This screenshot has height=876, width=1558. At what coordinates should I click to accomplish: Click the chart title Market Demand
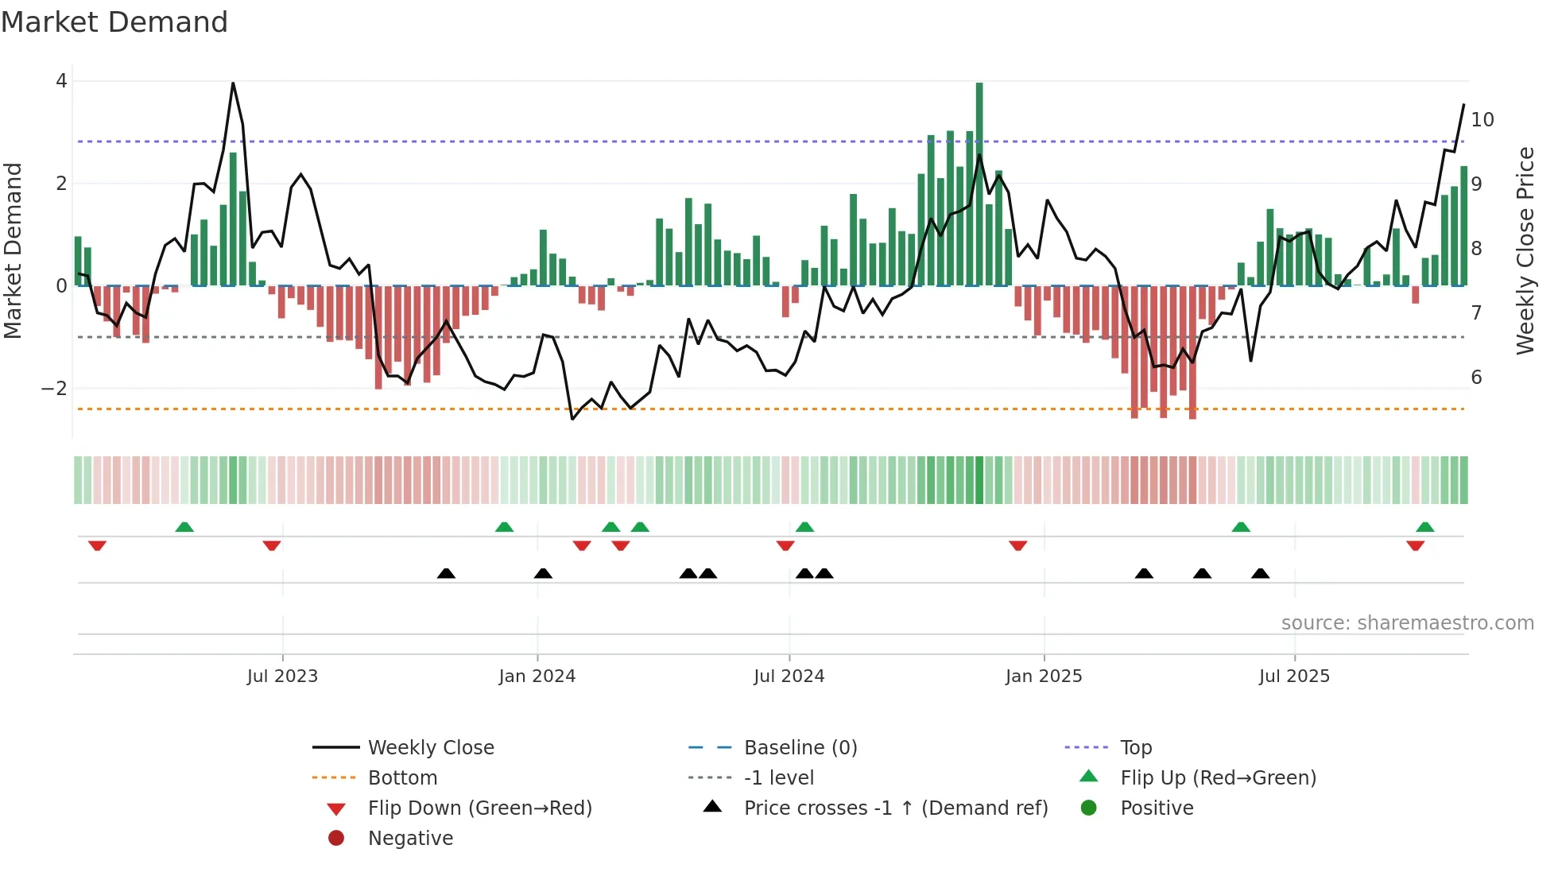pyautogui.click(x=114, y=22)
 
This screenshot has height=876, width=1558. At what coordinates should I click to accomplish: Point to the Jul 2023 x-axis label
pyautogui.click(x=282, y=676)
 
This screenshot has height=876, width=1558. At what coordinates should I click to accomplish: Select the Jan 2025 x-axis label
pyautogui.click(x=1043, y=676)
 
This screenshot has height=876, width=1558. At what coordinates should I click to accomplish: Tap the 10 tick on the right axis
pyautogui.click(x=1482, y=120)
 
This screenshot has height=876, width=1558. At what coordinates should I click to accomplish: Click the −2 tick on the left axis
pyautogui.click(x=54, y=389)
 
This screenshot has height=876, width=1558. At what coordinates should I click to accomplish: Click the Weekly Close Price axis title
pyautogui.click(x=1525, y=250)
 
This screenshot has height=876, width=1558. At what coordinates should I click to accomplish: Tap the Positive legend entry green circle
pyautogui.click(x=1089, y=808)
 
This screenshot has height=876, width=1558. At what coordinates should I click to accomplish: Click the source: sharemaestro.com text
pyautogui.click(x=1407, y=623)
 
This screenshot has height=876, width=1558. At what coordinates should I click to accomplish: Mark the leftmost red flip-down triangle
pyautogui.click(x=97, y=545)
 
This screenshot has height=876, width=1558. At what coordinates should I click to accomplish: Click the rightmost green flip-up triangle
pyautogui.click(x=1424, y=527)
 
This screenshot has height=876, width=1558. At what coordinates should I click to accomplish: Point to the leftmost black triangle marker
pyautogui.click(x=446, y=573)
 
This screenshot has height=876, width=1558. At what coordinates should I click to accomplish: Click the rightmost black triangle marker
pyautogui.click(x=1260, y=573)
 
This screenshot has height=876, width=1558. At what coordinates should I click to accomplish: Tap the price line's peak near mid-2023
pyautogui.click(x=233, y=83)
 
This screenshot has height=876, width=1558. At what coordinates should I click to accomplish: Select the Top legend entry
pyautogui.click(x=1135, y=748)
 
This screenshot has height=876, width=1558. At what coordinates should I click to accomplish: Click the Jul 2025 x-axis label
pyautogui.click(x=1294, y=676)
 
